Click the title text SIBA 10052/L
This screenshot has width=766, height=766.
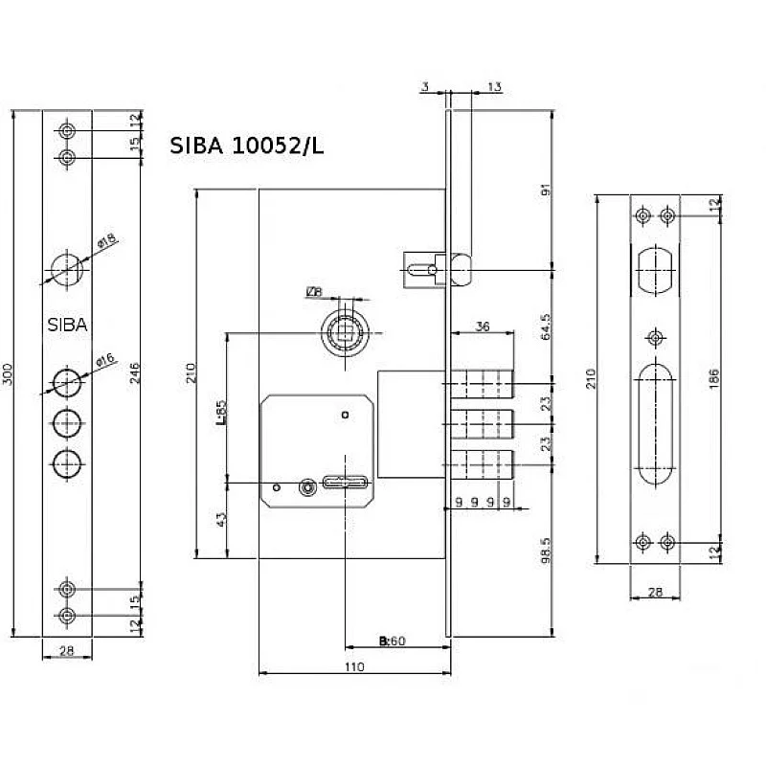[247, 146]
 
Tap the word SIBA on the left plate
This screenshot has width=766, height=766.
[67, 325]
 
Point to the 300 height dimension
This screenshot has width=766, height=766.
[9, 374]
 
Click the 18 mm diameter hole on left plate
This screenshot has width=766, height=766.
[67, 265]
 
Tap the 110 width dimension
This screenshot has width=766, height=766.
[353, 666]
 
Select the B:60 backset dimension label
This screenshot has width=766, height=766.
[393, 641]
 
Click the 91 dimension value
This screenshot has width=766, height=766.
[545, 189]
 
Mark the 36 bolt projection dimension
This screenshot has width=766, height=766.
[483, 327]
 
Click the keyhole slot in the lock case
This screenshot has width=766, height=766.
[342, 481]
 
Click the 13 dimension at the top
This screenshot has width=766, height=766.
[494, 87]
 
